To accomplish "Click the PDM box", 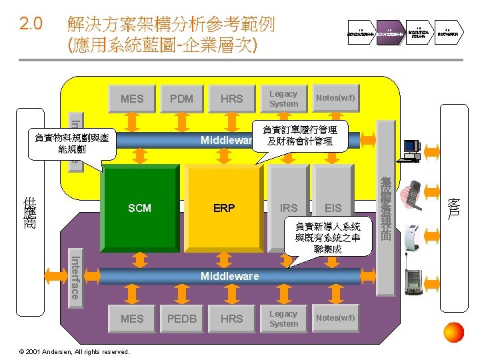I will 181,99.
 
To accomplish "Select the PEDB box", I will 181,319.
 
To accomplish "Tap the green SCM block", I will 139,207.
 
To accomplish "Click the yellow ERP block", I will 224,207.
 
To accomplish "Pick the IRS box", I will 289,207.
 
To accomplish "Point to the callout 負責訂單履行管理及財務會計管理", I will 299,136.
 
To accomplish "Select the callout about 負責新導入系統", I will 327,237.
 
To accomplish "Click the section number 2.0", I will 31,25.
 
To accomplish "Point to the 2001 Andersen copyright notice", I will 66,351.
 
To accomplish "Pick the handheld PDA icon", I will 414,284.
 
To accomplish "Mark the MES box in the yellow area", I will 132,99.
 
